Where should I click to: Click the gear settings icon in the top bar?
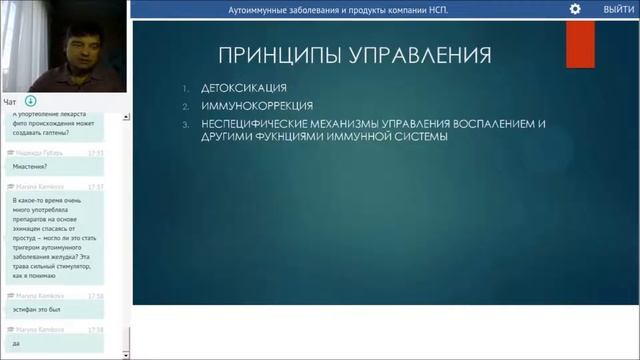pos(575,9)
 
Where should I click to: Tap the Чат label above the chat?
pos(10,102)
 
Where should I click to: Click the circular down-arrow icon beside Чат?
pos(31,102)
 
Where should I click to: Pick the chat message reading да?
pos(17,343)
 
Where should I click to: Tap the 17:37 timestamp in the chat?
pos(95,186)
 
